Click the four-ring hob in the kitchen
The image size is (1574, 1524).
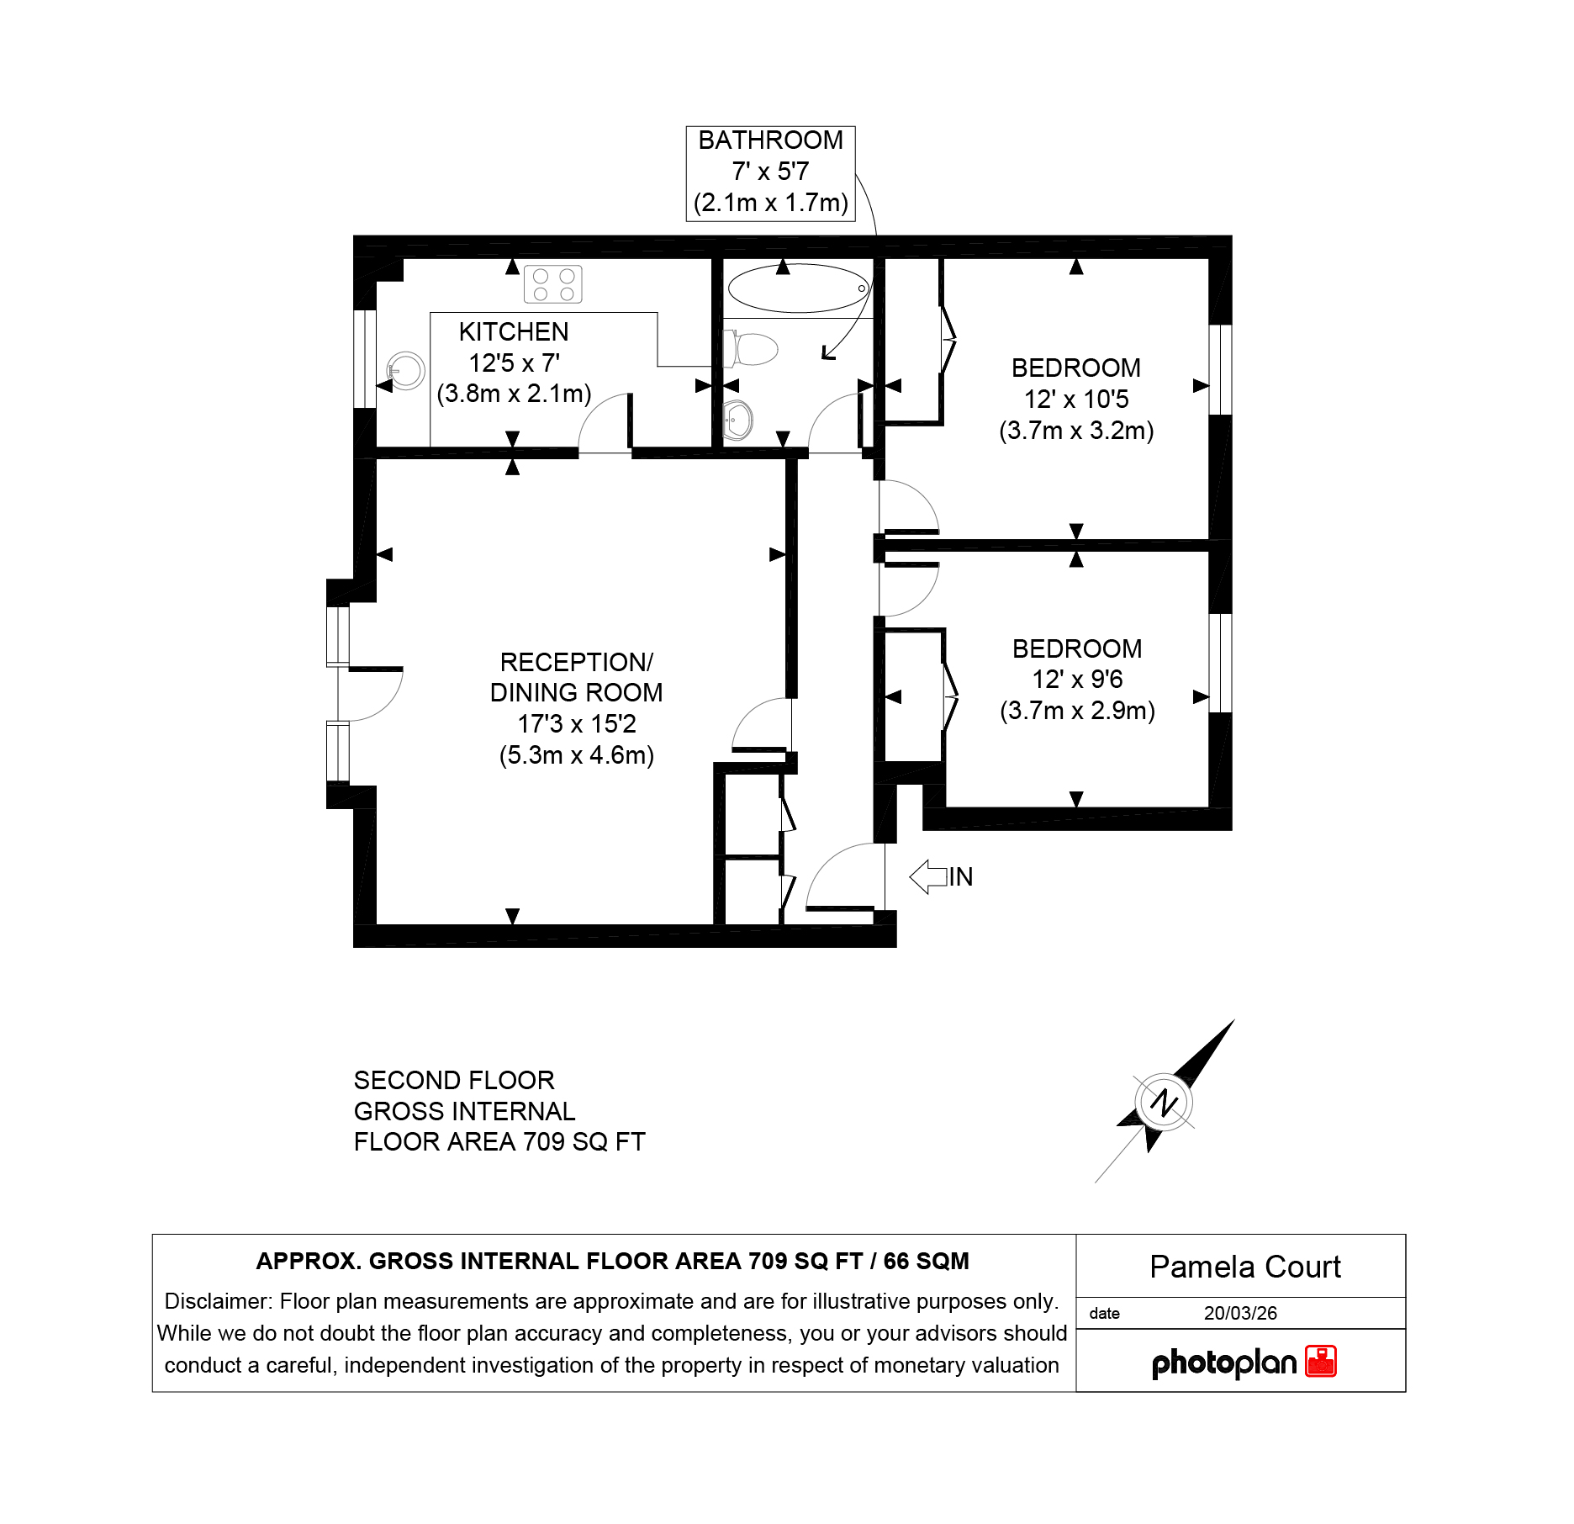coord(552,284)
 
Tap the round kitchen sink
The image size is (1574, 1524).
coord(405,370)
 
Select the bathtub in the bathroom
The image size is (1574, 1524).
coord(798,288)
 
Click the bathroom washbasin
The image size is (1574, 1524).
coord(737,419)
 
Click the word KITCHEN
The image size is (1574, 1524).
coord(514,332)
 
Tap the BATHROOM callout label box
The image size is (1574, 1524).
coord(771,173)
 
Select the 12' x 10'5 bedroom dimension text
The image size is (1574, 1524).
coord(1076,399)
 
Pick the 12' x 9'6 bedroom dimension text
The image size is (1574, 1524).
coord(1077,680)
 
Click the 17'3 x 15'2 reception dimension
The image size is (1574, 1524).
coord(577,723)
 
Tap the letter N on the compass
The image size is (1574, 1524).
coord(1164,1102)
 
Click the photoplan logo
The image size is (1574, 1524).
coord(1244,1362)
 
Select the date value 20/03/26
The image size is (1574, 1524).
coord(1240,1313)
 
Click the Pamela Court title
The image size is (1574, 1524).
coord(1245,1267)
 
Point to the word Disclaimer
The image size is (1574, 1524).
coord(218,1301)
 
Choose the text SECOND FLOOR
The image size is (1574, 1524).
coord(454,1080)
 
